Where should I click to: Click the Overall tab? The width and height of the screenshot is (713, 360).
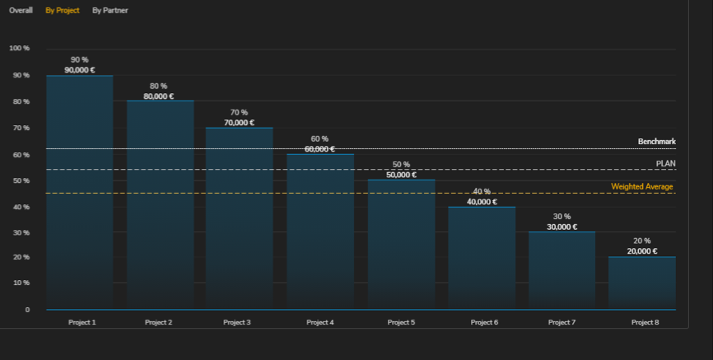click(x=21, y=11)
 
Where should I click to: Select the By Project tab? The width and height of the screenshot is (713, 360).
click(x=63, y=11)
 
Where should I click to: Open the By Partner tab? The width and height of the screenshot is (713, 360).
click(x=110, y=11)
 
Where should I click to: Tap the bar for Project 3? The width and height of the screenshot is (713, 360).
click(x=239, y=218)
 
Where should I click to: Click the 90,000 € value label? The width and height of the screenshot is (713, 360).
click(x=79, y=70)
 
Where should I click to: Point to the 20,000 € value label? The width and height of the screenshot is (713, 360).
click(x=642, y=251)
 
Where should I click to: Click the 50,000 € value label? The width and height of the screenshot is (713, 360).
click(x=401, y=175)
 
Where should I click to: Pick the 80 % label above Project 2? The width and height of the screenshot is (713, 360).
click(x=158, y=86)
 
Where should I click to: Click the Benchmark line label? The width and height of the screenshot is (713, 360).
click(x=656, y=142)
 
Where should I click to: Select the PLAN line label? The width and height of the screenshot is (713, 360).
click(x=665, y=163)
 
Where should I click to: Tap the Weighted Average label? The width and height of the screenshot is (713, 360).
click(x=642, y=187)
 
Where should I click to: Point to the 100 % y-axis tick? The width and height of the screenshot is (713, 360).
click(x=19, y=49)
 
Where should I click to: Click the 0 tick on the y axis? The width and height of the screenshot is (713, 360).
click(x=27, y=310)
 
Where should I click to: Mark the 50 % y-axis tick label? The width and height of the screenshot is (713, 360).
click(x=21, y=180)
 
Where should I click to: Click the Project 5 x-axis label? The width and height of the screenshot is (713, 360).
click(x=401, y=322)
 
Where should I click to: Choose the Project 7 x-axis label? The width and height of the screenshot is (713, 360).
click(x=563, y=322)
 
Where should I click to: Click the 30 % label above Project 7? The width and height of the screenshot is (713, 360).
click(x=562, y=217)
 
